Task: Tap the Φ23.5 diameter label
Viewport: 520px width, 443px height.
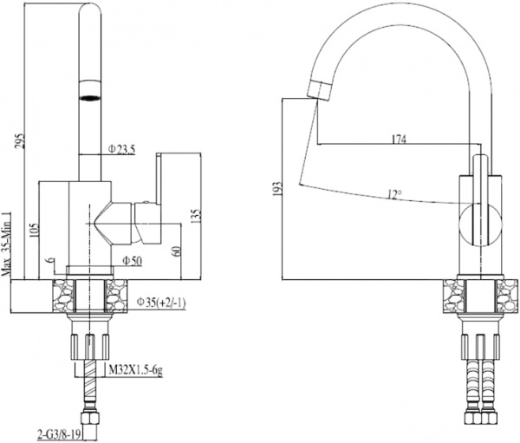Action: point(122,150)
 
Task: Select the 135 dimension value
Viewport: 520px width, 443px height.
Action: point(198,215)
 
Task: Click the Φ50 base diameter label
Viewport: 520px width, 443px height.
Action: point(133,260)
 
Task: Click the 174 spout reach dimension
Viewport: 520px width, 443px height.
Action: point(400,139)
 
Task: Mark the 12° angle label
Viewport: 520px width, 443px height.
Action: point(395,195)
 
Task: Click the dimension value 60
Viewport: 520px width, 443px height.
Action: point(179,251)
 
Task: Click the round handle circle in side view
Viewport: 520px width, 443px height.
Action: point(476,223)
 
